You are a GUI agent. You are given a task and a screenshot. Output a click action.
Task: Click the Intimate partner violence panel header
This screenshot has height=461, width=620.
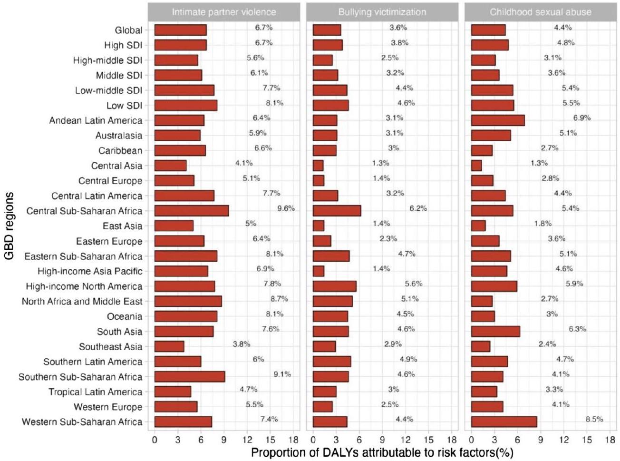(223, 12)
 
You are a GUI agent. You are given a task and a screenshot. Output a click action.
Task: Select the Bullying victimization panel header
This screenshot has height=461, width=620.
(382, 12)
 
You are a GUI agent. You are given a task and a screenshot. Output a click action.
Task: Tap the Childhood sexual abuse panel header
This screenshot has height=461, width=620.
(541, 12)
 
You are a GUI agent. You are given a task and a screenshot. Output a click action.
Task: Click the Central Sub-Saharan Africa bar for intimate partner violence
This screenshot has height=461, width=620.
(191, 211)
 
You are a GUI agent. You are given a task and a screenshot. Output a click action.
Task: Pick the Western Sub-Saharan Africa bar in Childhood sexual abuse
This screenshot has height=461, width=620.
(504, 422)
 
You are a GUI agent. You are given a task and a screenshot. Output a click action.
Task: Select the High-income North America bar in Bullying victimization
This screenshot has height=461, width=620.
(334, 286)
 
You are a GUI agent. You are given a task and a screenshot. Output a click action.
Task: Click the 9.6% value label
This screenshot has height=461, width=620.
(286, 208)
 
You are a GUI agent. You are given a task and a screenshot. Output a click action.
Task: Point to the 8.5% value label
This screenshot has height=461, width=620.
(594, 419)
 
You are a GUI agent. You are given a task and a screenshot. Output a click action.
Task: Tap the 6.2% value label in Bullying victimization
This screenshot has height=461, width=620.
(418, 208)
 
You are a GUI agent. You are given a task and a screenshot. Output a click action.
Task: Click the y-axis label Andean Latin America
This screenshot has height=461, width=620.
(96, 120)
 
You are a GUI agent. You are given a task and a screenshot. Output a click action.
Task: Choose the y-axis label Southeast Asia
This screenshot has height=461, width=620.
(110, 346)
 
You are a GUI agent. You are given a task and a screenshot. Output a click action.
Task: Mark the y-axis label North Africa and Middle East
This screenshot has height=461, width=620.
(82, 301)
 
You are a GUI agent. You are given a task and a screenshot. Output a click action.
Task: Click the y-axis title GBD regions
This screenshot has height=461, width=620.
(9, 226)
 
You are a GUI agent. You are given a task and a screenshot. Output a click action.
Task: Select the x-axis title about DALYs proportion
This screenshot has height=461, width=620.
(382, 452)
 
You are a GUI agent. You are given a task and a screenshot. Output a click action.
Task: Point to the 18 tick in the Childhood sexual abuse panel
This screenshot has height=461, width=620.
(610, 440)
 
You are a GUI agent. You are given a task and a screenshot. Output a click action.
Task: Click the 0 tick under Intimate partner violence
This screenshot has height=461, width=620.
(155, 440)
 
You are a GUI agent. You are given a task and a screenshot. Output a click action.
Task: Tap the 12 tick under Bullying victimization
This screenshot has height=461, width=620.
(406, 440)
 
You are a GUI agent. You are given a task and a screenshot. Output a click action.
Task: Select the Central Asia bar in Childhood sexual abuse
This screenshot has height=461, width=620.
(476, 166)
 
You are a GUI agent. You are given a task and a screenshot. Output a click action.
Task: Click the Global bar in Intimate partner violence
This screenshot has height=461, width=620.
(180, 30)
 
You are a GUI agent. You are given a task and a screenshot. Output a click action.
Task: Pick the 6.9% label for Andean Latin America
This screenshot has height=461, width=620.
(581, 118)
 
